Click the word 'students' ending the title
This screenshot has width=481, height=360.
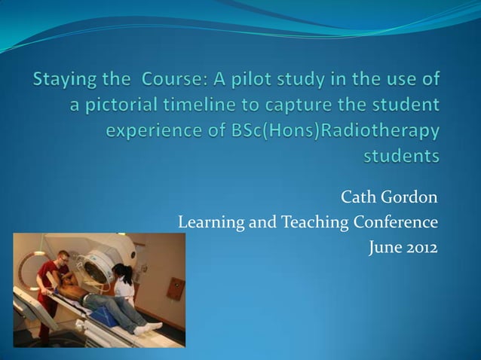402,157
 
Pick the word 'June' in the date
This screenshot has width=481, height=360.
383,247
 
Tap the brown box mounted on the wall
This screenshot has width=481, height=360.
176,288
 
